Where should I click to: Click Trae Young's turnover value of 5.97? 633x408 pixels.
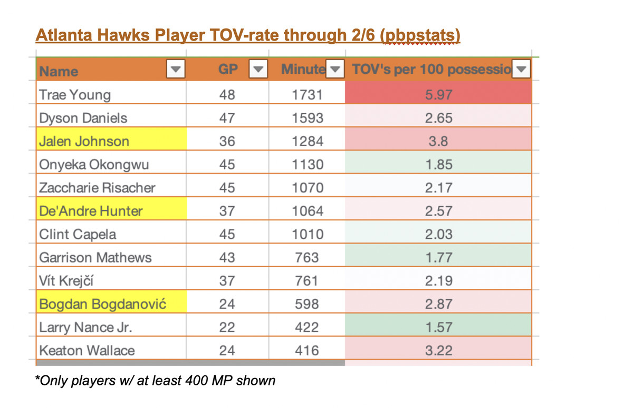(438, 95)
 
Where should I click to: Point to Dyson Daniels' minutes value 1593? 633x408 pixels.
(307, 118)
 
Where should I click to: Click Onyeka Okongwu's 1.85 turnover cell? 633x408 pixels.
(438, 164)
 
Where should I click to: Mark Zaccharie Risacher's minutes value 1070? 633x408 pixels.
(307, 188)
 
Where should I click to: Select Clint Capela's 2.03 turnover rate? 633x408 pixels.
(438, 235)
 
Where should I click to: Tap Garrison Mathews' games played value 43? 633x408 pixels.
(227, 258)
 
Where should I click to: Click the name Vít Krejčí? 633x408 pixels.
(69, 281)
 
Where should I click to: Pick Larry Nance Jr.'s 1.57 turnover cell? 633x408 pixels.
(438, 327)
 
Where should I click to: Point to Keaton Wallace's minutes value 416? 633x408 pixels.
(307, 351)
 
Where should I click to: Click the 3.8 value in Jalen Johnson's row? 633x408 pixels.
(438, 141)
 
